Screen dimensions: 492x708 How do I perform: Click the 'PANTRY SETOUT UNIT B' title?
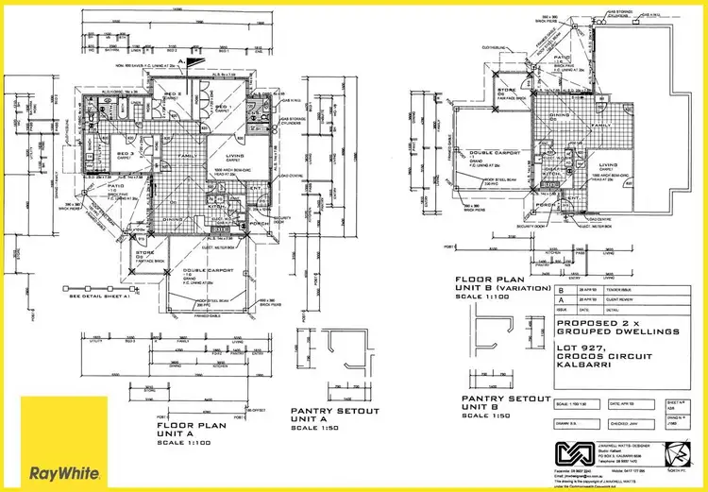tap(499, 404)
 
